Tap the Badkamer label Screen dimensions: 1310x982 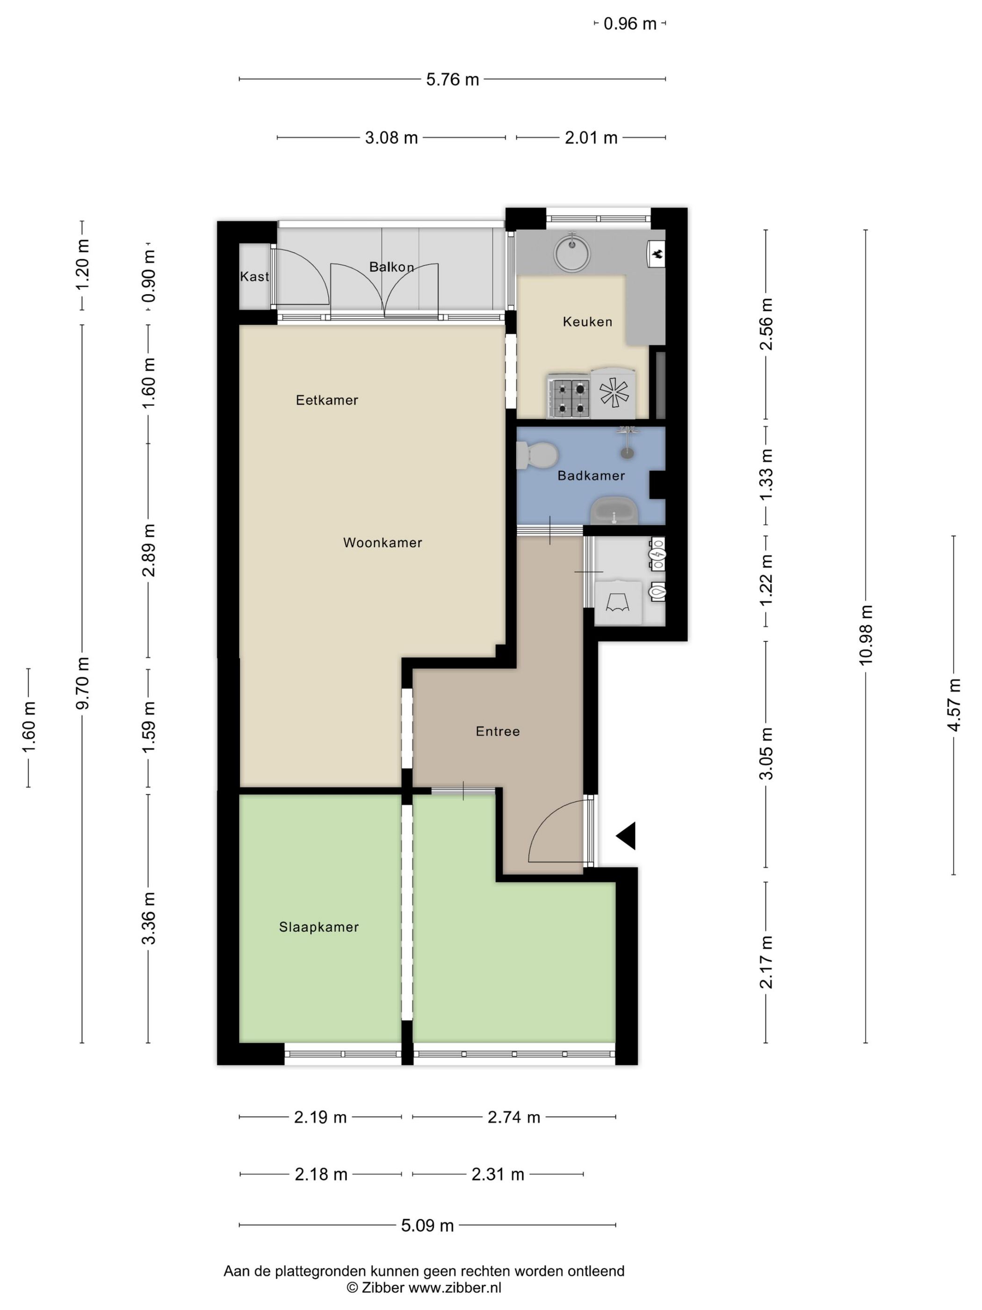click(x=591, y=475)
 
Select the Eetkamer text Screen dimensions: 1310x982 click(x=327, y=400)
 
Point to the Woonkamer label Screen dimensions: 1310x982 click(x=383, y=542)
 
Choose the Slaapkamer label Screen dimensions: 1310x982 click(x=318, y=927)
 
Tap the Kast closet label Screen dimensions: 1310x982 click(x=254, y=277)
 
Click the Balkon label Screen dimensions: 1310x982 click(x=391, y=267)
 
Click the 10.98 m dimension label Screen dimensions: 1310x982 click(x=866, y=635)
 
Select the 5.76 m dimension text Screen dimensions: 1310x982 click(x=452, y=80)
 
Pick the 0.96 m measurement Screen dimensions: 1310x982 click(x=630, y=24)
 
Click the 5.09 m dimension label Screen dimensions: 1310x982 click(x=427, y=1225)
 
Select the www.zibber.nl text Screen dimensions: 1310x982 click(x=455, y=1288)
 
